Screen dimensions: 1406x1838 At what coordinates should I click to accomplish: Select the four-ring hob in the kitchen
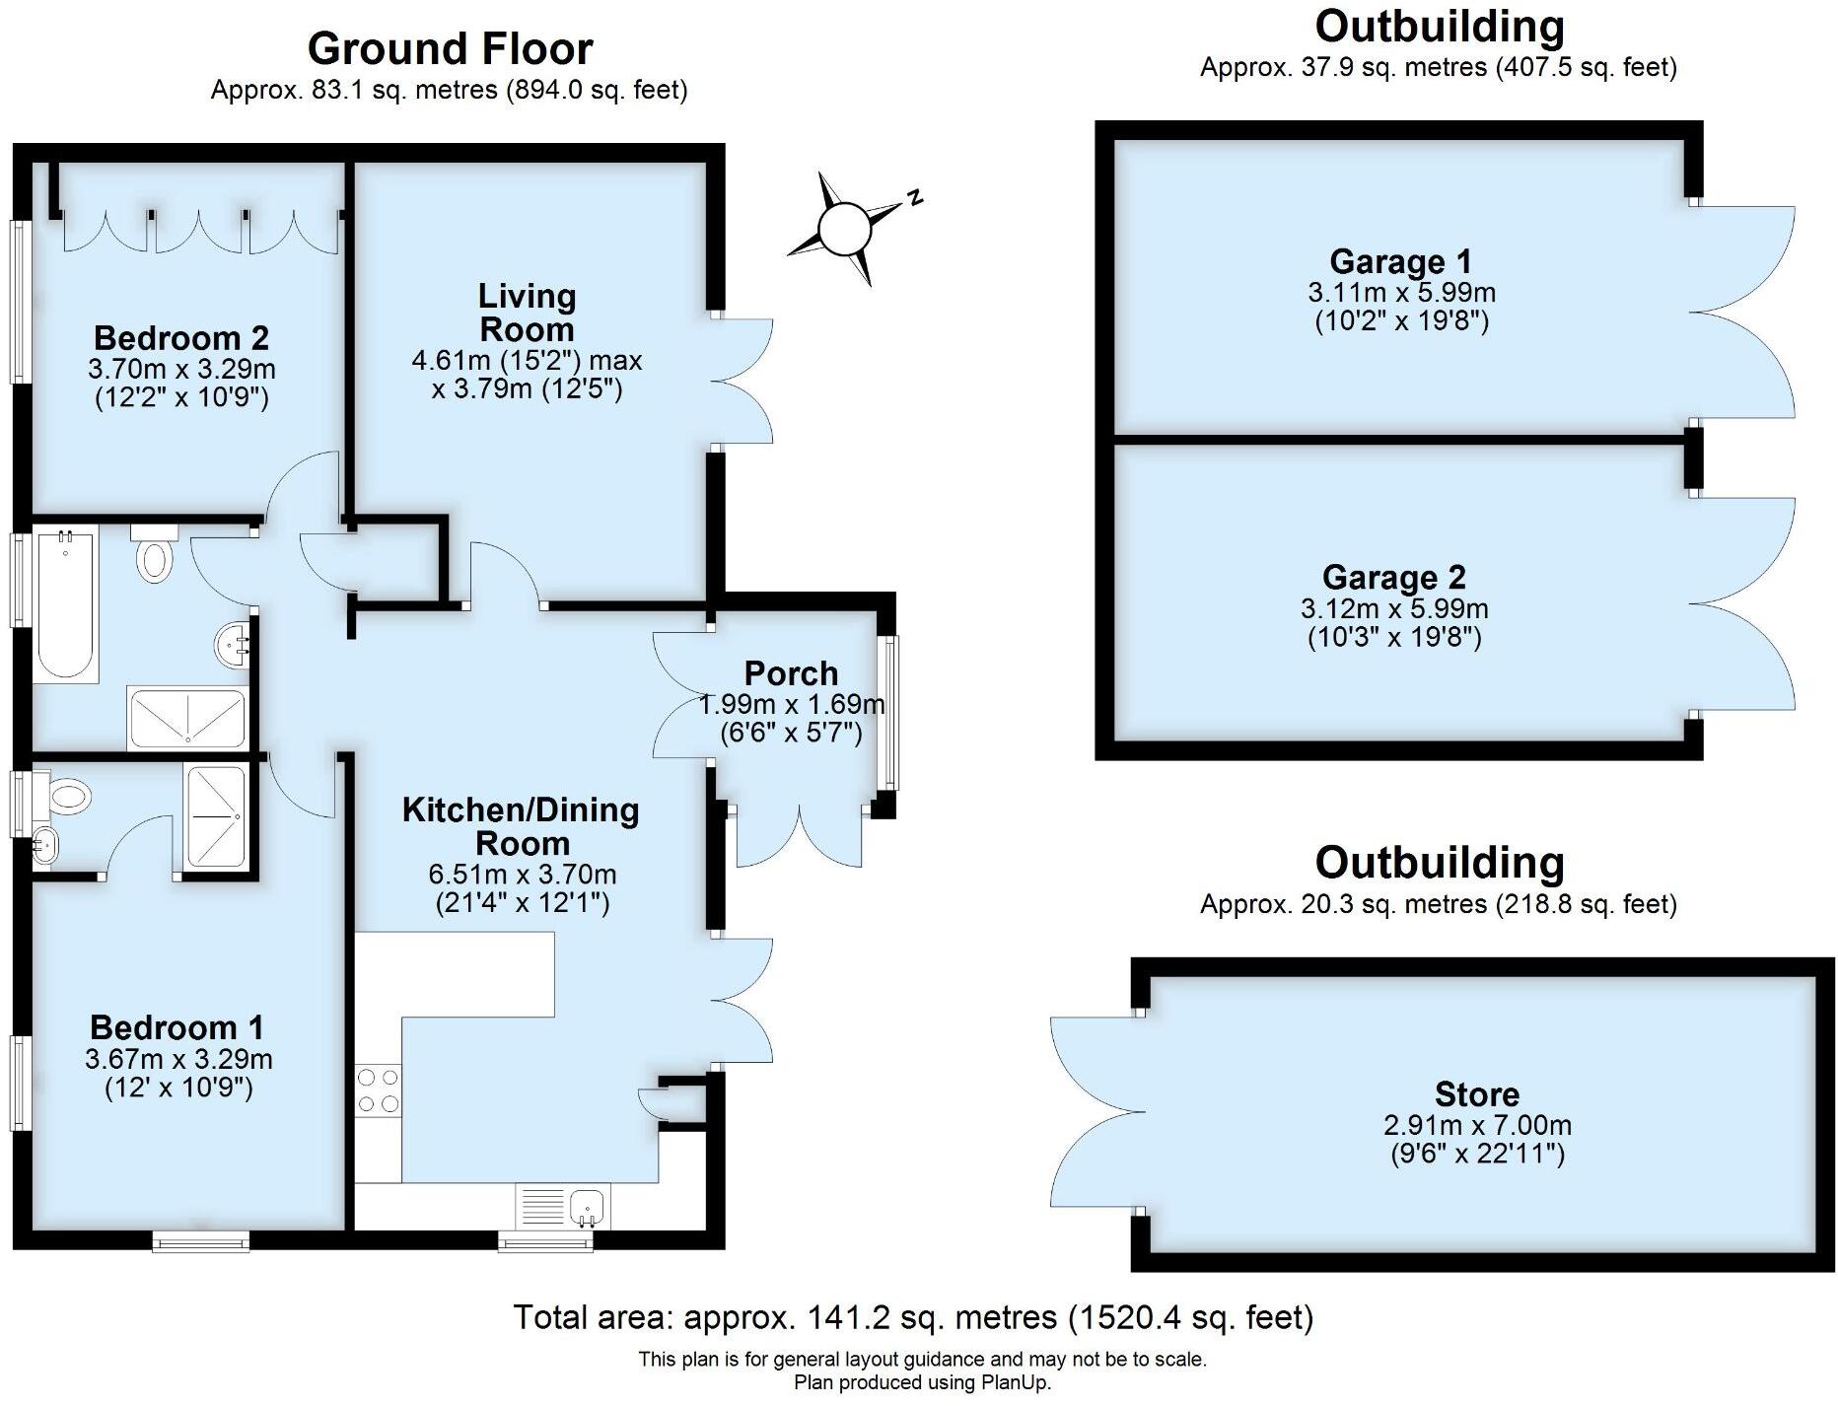(378, 1090)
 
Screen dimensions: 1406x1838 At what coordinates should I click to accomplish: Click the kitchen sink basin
(588, 1205)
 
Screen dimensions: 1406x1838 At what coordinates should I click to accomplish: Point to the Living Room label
(527, 313)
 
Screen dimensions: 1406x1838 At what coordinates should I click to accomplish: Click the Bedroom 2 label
(181, 338)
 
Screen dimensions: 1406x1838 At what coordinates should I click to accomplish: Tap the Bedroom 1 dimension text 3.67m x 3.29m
(178, 1060)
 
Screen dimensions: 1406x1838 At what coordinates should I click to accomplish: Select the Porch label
(791, 673)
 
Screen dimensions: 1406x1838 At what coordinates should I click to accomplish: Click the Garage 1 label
(1400, 262)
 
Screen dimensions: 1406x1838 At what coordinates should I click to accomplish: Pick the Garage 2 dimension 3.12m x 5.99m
(1394, 609)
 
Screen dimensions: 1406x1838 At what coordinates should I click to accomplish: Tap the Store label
(1476, 1094)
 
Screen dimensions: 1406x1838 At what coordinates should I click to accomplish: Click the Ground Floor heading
(450, 48)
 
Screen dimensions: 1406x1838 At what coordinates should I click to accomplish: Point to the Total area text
(913, 1317)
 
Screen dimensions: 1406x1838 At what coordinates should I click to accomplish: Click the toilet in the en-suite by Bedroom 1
(68, 795)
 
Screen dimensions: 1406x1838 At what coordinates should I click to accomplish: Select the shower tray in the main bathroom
(185, 719)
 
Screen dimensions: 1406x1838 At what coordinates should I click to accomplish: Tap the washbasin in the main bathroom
(231, 645)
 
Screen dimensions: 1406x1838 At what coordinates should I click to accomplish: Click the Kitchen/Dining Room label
(521, 826)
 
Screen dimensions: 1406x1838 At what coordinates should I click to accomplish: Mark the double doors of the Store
(1095, 1112)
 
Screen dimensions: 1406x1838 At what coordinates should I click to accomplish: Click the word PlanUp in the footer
(1015, 1382)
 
